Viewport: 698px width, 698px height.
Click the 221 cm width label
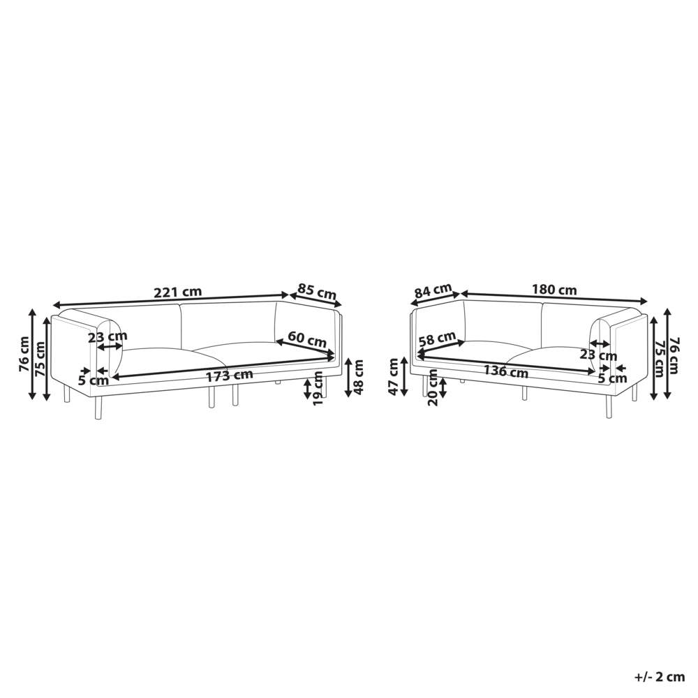[x=177, y=292]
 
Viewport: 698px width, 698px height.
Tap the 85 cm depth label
[x=316, y=292]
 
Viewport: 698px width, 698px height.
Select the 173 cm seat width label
[x=229, y=376]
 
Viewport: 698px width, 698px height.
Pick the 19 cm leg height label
[x=318, y=388]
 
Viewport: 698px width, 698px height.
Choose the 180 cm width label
[x=554, y=290]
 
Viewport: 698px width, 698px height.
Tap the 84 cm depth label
[x=433, y=291]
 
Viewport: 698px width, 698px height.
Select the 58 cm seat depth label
[x=438, y=339]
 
